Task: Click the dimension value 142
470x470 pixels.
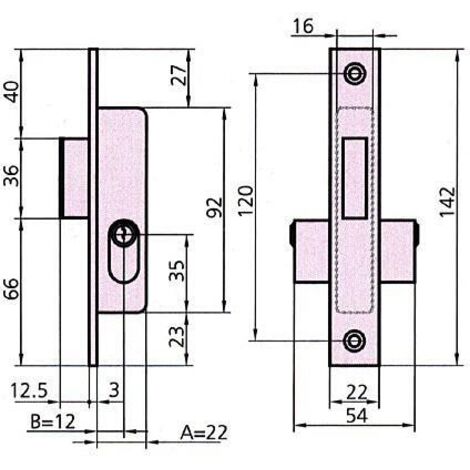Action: [x=447, y=202]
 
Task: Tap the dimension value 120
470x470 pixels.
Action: [x=246, y=201]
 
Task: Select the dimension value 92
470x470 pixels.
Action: [x=214, y=207]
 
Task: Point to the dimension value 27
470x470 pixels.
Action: [x=179, y=76]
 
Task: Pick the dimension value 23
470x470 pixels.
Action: [x=176, y=336]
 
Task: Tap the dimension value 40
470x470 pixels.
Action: [x=12, y=92]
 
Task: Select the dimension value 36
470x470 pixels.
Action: [x=12, y=176]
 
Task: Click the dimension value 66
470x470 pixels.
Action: [x=12, y=289]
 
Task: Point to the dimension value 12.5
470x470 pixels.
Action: [x=29, y=390]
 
